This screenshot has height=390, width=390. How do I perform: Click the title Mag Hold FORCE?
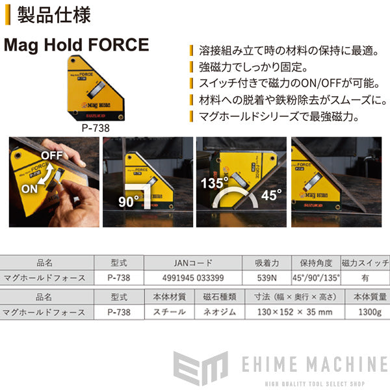coord(77,46)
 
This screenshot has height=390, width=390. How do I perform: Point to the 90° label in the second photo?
coord(129,201)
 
